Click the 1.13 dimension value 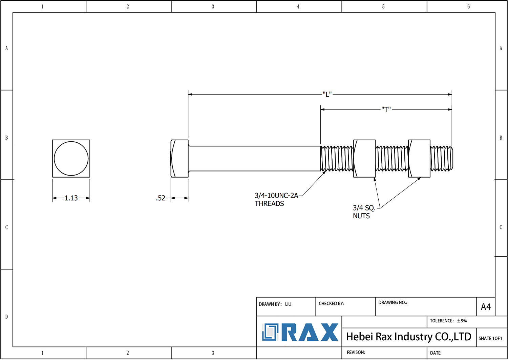[71, 198]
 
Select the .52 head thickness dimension [161, 198]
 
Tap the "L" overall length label [327, 94]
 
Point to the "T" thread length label [386, 109]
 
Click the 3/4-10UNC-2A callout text [276, 196]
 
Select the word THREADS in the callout [269, 204]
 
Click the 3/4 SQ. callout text [364, 208]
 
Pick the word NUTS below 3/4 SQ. [361, 216]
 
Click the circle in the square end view [71, 158]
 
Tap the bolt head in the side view [180, 158]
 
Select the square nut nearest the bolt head [364, 158]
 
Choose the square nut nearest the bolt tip [419, 158]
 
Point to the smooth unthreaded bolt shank [254, 158]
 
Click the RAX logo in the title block [300, 332]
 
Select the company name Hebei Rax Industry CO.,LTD [408, 337]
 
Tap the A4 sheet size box [486, 307]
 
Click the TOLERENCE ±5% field [448, 321]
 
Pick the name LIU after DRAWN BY [288, 304]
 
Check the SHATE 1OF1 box [490, 338]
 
